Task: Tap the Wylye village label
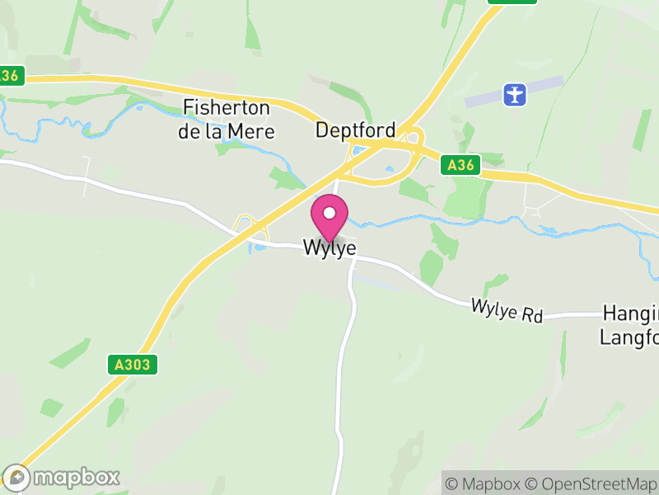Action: point(329,247)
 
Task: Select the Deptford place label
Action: point(356,130)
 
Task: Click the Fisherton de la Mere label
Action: point(227,119)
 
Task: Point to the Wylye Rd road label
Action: point(507,310)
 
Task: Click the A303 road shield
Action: point(132,364)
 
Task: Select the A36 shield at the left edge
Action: point(10,76)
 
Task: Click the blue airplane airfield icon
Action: point(516,94)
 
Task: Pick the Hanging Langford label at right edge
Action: point(630,324)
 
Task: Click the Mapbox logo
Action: point(62,477)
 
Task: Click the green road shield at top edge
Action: point(512,2)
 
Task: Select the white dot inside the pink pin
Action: point(329,213)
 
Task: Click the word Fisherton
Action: point(227,107)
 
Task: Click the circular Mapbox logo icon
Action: point(16,478)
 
